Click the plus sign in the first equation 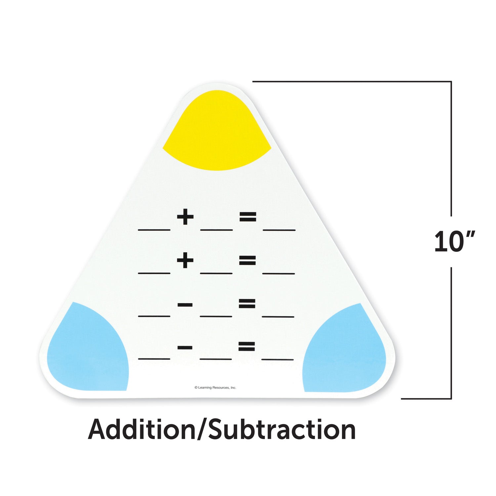click(185, 217)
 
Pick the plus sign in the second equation click(185, 261)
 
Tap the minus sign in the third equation click(185, 305)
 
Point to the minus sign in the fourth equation click(185, 348)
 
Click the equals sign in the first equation click(248, 217)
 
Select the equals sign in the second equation click(247, 261)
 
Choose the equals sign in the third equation click(247, 304)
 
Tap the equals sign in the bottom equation click(247, 347)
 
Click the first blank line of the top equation click(154, 230)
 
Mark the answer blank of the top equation click(279, 230)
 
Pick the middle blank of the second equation click(216, 273)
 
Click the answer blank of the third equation click(278, 317)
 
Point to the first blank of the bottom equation click(154, 359)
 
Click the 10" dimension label click(455, 242)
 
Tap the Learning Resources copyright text click(215, 388)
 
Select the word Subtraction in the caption click(282, 430)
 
